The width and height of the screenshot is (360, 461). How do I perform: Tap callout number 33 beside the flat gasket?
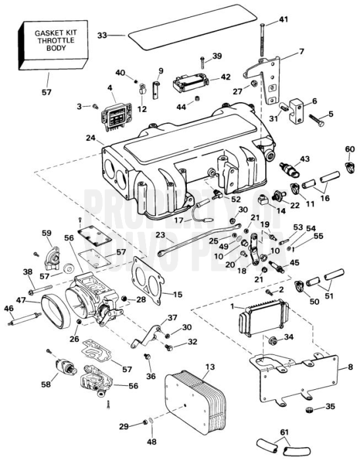(102, 35)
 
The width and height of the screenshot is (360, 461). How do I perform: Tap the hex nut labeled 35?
(308, 408)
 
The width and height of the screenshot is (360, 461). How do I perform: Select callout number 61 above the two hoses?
(285, 432)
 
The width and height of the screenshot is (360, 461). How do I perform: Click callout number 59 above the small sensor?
(46, 232)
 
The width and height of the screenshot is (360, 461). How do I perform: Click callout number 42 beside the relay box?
(226, 77)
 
